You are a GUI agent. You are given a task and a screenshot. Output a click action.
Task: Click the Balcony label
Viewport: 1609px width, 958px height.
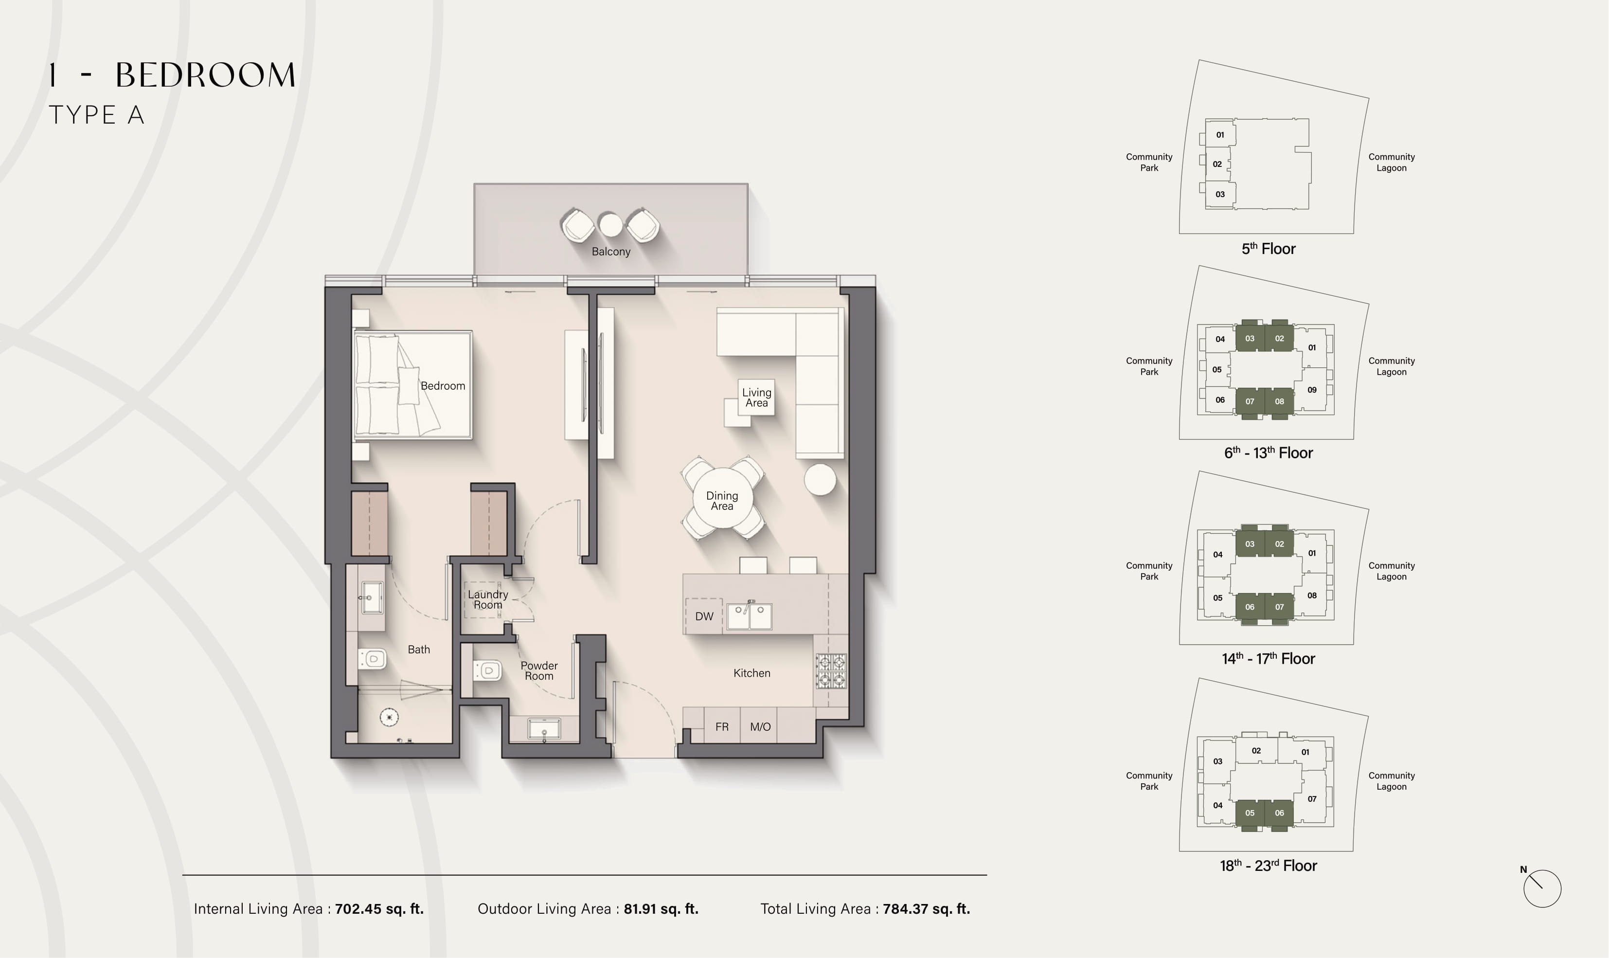[610, 252]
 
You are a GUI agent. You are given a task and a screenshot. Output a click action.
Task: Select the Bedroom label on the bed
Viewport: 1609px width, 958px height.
[443, 386]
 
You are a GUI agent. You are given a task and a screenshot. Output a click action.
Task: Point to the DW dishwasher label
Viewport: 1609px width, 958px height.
[704, 616]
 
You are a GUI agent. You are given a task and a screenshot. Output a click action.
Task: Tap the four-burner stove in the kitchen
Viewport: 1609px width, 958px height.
[831, 671]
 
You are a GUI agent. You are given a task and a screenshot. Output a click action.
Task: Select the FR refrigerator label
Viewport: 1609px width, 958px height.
[722, 727]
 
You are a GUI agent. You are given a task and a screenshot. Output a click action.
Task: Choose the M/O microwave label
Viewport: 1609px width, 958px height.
[760, 727]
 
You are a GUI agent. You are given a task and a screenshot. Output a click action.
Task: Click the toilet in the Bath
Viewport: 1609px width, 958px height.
[372, 658]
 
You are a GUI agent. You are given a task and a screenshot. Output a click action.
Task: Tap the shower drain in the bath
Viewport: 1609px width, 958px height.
[389, 717]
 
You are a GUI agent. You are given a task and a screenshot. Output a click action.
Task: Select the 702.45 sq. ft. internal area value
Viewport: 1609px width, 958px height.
[379, 909]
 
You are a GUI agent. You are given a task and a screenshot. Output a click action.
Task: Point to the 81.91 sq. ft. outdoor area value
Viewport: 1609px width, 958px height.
[661, 909]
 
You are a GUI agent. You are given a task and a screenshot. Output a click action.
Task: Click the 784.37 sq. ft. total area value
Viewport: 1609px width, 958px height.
[927, 909]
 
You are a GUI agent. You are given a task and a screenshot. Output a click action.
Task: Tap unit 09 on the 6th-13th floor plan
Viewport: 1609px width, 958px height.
[1312, 390]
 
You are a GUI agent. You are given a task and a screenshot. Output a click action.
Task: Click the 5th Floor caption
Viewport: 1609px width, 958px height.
[1269, 249]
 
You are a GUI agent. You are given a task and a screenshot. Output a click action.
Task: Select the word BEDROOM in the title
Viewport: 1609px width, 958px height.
[206, 75]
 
